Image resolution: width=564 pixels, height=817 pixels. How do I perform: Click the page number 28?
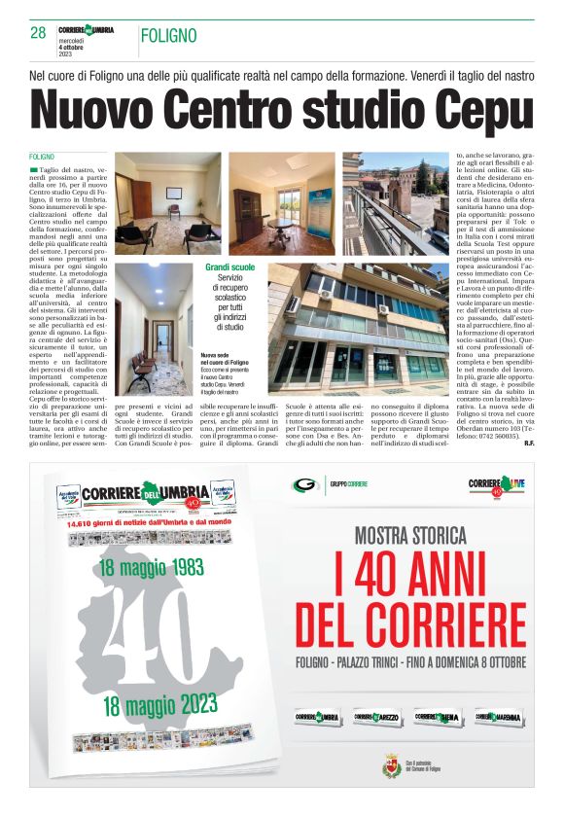pyautogui.click(x=38, y=33)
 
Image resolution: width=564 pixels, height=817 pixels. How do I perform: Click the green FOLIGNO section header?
pyautogui.click(x=168, y=36)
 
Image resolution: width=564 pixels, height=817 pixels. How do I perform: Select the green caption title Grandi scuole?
pyautogui.click(x=230, y=266)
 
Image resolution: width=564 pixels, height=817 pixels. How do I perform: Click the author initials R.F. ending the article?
pyautogui.click(x=528, y=444)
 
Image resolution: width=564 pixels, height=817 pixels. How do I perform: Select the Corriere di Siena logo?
pyautogui.click(x=436, y=717)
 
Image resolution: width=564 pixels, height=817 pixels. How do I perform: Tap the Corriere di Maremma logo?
pyautogui.click(x=496, y=717)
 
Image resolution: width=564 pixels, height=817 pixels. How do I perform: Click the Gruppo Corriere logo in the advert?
pyautogui.click(x=331, y=485)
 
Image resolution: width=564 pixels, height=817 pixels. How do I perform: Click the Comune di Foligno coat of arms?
pyautogui.click(x=388, y=765)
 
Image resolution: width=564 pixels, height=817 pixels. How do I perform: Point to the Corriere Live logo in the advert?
pyautogui.click(x=496, y=485)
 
